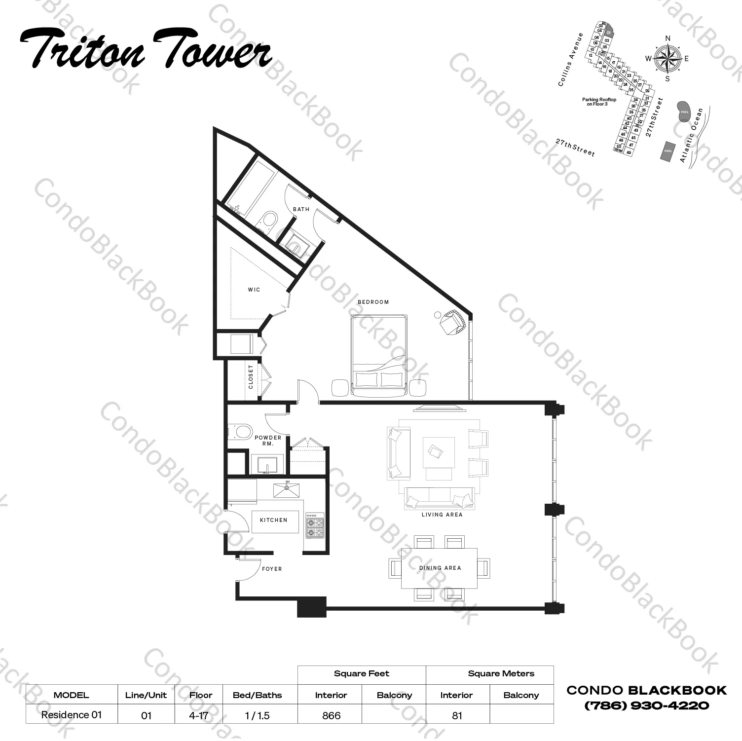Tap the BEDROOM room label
point(373,302)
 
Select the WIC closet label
point(254,290)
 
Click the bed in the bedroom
point(378,355)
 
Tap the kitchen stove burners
point(315,526)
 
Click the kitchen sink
point(287,490)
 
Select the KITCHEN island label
point(274,520)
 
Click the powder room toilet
point(241,432)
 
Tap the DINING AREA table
point(439,568)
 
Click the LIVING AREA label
point(442,515)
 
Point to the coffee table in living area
point(439,452)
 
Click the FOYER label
point(272,569)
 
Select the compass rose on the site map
point(667,59)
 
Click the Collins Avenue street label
point(571,60)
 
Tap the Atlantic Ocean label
point(691,135)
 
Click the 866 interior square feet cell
point(331,715)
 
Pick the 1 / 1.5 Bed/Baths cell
point(257,715)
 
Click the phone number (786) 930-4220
point(646,705)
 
